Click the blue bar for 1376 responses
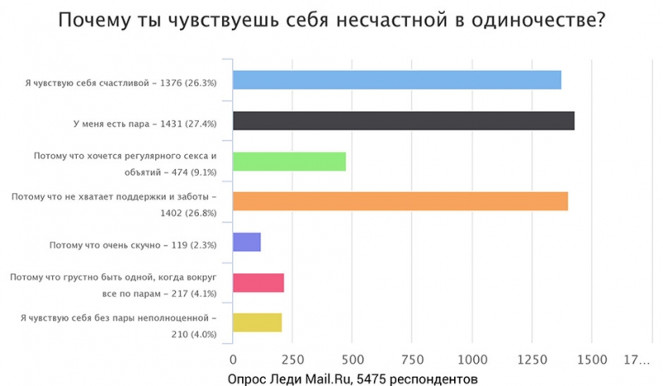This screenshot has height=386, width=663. [x=397, y=80]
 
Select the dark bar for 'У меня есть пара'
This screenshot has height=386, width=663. [x=404, y=120]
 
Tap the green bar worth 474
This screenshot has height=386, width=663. [x=289, y=161]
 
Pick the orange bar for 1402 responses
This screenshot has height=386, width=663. [x=400, y=201]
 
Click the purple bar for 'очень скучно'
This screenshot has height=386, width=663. [x=247, y=242]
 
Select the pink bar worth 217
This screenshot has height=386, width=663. [x=259, y=282]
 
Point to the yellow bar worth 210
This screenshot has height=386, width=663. [x=258, y=322]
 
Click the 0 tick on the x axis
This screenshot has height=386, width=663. [x=233, y=359]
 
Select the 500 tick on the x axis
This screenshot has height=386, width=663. [x=352, y=359]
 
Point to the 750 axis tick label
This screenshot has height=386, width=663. [x=412, y=359]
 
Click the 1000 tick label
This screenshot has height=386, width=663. [x=472, y=359]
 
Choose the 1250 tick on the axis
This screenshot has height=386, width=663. [x=532, y=359]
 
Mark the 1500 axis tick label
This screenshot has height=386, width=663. [x=592, y=359]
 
